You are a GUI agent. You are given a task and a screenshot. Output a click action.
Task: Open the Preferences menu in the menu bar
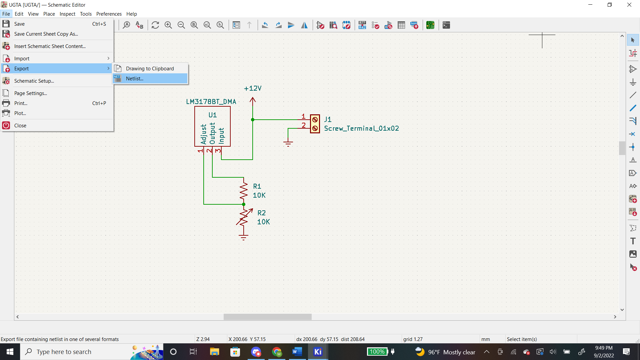(109, 14)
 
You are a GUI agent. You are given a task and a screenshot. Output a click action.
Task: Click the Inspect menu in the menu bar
(67, 14)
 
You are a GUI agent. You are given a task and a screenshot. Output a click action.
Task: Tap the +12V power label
(253, 89)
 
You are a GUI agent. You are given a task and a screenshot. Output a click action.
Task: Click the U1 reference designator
(213, 115)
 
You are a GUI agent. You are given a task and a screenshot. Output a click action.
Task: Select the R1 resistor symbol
(244, 191)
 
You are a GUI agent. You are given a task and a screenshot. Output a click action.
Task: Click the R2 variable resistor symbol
(244, 217)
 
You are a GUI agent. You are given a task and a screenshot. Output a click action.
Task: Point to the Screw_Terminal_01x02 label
(361, 129)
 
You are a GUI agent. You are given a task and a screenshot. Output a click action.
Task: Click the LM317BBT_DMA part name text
(211, 102)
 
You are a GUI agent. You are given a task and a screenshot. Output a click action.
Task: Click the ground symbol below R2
(244, 237)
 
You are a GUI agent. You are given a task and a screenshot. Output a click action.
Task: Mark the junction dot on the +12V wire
(253, 120)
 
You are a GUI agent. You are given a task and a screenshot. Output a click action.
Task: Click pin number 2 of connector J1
(304, 125)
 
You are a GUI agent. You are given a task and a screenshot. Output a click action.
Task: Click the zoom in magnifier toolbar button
(168, 25)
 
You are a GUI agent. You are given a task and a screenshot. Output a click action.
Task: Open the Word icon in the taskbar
(297, 352)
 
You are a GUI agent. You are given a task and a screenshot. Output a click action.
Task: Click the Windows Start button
(10, 352)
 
